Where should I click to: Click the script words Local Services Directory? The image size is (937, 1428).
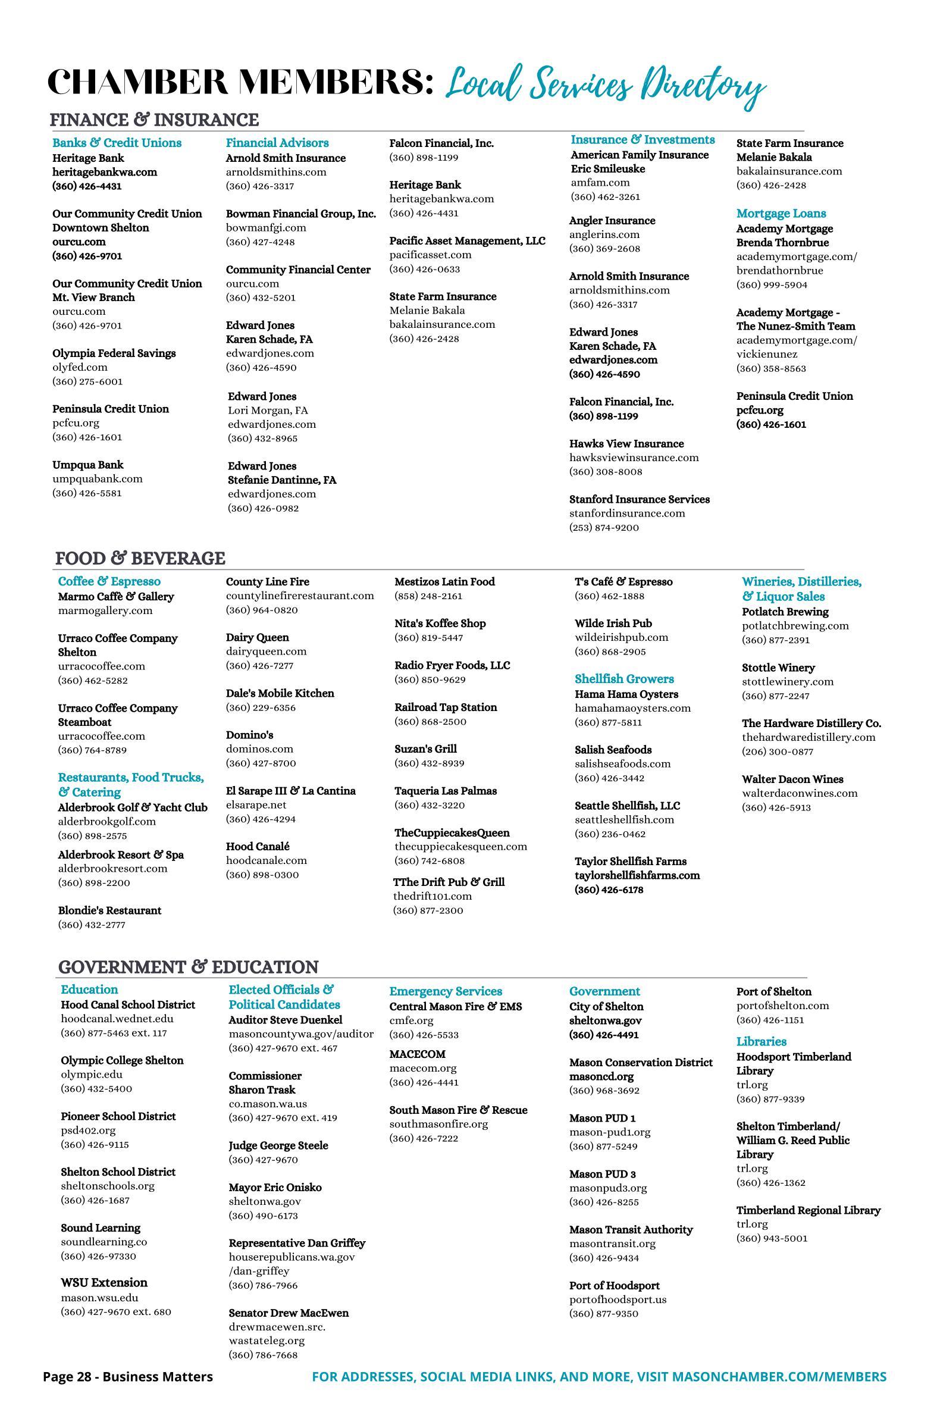pyautogui.click(x=606, y=85)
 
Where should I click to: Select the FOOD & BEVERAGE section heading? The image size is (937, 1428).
pyautogui.click(x=140, y=559)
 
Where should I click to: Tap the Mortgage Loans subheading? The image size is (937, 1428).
pyautogui.click(x=781, y=214)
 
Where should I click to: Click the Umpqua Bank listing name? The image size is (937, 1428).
pyautogui.click(x=87, y=465)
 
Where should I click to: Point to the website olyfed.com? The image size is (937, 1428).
pyautogui.click(x=80, y=367)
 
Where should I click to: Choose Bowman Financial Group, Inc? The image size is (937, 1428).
pyautogui.click(x=300, y=214)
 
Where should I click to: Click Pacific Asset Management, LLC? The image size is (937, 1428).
pyautogui.click(x=467, y=241)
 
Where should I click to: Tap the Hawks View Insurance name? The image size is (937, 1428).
pyautogui.click(x=626, y=444)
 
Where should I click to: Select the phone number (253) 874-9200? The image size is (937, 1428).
pyautogui.click(x=604, y=528)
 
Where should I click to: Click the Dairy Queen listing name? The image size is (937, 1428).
pyautogui.click(x=258, y=638)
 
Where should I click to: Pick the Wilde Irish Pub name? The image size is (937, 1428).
pyautogui.click(x=613, y=624)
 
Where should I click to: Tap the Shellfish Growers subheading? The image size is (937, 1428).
pyautogui.click(x=624, y=679)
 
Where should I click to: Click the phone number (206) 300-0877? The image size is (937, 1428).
pyautogui.click(x=778, y=752)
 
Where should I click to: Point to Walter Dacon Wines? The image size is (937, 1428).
pyautogui.click(x=792, y=779)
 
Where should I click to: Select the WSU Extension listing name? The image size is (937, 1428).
pyautogui.click(x=104, y=1283)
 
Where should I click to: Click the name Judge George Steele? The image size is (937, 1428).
pyautogui.click(x=278, y=1145)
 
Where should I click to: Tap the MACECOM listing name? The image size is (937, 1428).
pyautogui.click(x=418, y=1054)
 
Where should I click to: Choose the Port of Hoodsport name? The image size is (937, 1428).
pyautogui.click(x=615, y=1286)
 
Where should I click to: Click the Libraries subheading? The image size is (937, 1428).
pyautogui.click(x=761, y=1042)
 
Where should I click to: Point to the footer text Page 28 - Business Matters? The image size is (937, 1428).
pyautogui.click(x=128, y=1377)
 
